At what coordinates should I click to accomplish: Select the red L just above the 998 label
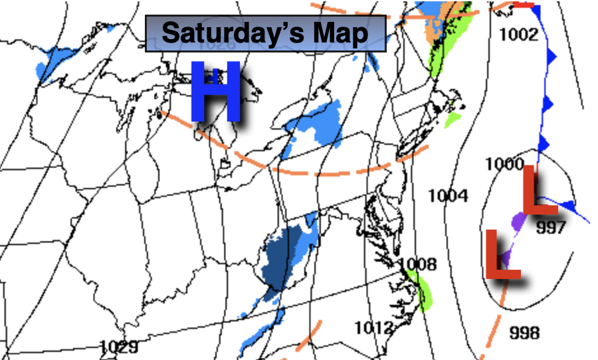click(502, 254)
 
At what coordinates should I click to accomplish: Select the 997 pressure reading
click(550, 228)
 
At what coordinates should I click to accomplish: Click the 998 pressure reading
click(524, 332)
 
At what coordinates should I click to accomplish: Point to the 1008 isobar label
click(418, 264)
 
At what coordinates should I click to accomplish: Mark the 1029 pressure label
click(119, 346)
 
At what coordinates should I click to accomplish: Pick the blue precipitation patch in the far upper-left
click(56, 60)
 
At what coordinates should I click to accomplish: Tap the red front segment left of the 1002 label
click(524, 4)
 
